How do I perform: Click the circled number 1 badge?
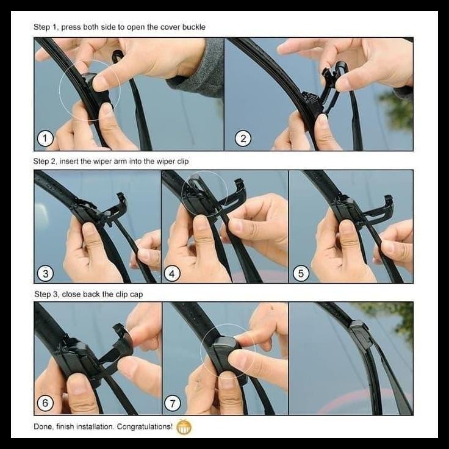click(45, 139)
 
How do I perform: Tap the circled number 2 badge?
click(243, 139)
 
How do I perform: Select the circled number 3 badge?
click(45, 273)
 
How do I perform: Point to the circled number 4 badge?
click(172, 273)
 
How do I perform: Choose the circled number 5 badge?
click(300, 273)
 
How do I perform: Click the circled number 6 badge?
click(45, 403)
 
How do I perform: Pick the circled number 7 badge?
click(173, 403)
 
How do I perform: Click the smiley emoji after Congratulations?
click(184, 427)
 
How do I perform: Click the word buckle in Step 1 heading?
click(193, 27)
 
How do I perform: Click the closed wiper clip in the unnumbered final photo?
click(361, 336)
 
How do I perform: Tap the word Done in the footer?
click(43, 427)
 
